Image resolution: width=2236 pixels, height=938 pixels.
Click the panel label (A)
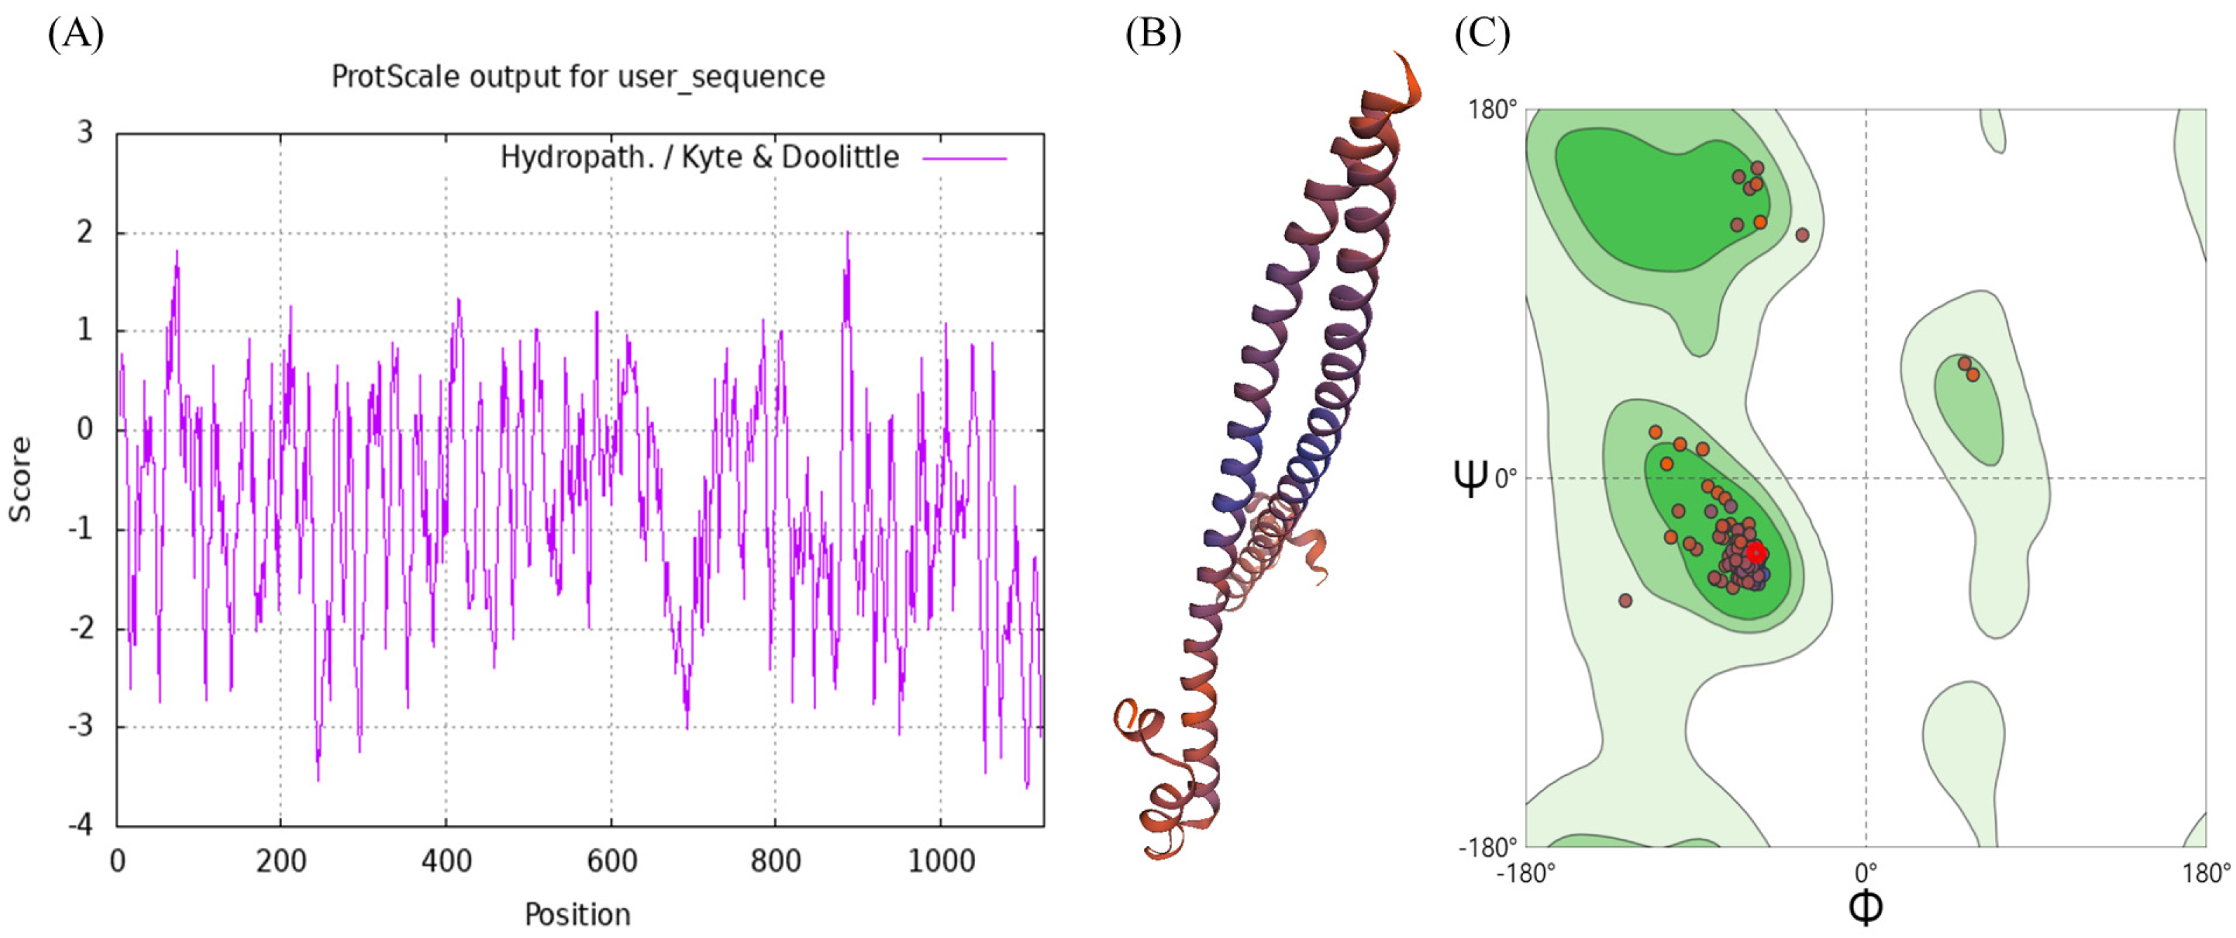coord(76,34)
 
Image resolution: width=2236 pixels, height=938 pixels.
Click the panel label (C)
coord(1482,34)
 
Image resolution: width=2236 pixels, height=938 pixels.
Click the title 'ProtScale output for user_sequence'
coord(578,77)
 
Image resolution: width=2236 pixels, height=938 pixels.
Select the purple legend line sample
coord(964,159)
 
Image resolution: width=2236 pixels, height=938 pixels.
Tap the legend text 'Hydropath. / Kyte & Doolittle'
coord(700,157)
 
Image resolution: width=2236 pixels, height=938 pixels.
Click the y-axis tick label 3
coord(84,133)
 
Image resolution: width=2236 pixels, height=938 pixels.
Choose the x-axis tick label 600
coord(611,862)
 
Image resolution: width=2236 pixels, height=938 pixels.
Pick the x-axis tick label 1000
coord(941,862)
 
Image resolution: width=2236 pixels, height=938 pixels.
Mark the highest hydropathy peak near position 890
coord(847,232)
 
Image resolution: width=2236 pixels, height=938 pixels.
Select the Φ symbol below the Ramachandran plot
coord(1865,906)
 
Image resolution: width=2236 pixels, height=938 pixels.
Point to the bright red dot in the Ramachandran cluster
coord(1756,553)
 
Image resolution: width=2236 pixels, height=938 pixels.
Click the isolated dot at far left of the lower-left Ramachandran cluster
coord(1626,601)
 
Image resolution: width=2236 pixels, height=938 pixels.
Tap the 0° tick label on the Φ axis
coord(1866,871)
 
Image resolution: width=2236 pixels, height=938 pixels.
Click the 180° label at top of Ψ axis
coord(1492,110)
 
